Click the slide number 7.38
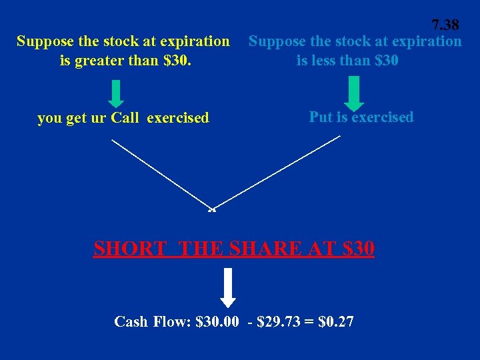(445, 25)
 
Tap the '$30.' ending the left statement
(197, 61)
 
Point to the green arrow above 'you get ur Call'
(116, 93)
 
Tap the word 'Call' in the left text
(125, 119)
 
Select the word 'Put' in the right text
(321, 117)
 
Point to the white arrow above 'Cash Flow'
(228, 287)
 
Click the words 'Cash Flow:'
(153, 322)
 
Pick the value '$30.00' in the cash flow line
(217, 322)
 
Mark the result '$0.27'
(337, 322)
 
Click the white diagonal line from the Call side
(160, 173)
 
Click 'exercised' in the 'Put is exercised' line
(383, 117)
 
